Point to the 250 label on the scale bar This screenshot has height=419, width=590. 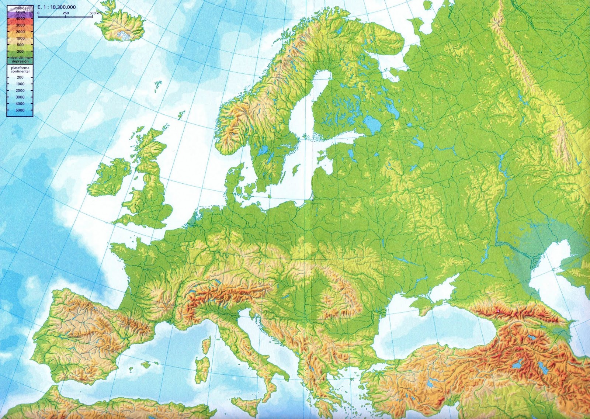(65, 13)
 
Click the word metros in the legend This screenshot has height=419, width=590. (20, 8)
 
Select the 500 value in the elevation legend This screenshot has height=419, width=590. (20, 45)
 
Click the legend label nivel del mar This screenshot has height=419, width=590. (20, 58)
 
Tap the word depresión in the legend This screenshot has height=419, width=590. (20, 62)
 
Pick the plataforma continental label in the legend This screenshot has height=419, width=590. (20, 70)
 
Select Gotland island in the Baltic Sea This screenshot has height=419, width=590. (295, 170)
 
